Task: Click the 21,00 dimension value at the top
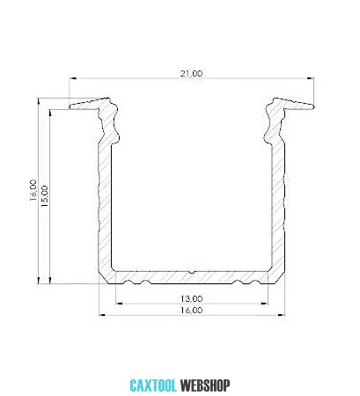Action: tap(191, 73)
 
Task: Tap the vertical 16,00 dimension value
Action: tap(33, 190)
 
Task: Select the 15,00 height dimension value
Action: tap(45, 196)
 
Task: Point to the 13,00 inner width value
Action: tap(191, 299)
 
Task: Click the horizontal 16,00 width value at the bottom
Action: tap(191, 311)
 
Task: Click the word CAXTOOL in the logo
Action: tap(153, 385)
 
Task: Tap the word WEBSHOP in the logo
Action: tap(205, 385)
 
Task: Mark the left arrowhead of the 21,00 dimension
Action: tap(72, 78)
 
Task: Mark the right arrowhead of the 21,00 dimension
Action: tap(310, 78)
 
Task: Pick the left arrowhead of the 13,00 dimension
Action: tap(119, 304)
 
